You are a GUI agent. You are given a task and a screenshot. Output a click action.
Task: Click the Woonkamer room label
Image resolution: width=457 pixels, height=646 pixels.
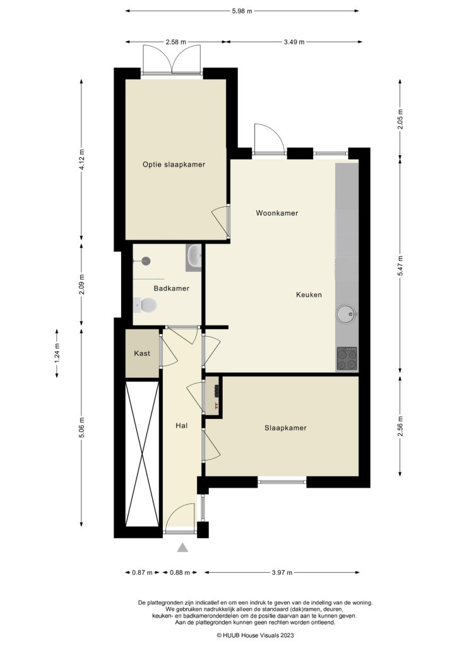pyautogui.click(x=276, y=213)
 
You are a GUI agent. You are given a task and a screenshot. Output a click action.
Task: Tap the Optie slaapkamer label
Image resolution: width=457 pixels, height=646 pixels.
pyautogui.click(x=174, y=165)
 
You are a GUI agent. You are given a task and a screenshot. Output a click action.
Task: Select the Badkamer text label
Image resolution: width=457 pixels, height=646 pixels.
pyautogui.click(x=171, y=288)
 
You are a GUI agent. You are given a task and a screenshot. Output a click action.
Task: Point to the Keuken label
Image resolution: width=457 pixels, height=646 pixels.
pyautogui.click(x=309, y=295)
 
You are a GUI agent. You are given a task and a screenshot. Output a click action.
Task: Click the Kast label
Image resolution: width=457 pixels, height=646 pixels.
pyautogui.click(x=142, y=354)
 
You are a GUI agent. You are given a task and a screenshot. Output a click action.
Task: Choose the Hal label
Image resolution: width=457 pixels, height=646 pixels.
pyautogui.click(x=182, y=426)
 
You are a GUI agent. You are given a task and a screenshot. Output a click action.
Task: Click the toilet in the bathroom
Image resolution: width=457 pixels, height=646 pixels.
pyautogui.click(x=147, y=306)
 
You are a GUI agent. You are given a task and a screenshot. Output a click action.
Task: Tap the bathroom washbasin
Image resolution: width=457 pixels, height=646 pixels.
pyautogui.click(x=194, y=257)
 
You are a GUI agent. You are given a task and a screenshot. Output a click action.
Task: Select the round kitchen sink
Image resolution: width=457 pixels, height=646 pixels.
pyautogui.click(x=347, y=312)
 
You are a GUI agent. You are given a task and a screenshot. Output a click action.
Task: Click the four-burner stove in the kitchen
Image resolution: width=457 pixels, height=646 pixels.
pyautogui.click(x=347, y=358)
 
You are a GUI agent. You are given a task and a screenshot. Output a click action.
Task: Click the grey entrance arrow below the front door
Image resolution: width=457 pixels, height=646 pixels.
pyautogui.click(x=182, y=548)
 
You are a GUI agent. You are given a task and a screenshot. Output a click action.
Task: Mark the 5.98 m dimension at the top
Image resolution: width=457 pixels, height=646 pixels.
pyautogui.click(x=242, y=11)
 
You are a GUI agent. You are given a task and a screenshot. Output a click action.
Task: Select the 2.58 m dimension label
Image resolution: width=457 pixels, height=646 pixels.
pyautogui.click(x=175, y=42)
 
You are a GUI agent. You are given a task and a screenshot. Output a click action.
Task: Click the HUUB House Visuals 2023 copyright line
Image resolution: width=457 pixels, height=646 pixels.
pyautogui.click(x=255, y=635)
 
